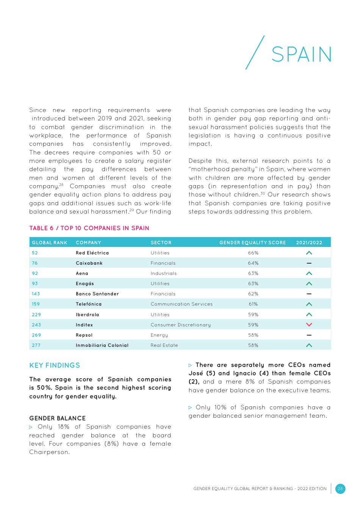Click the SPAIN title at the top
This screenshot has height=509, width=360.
(x=301, y=54)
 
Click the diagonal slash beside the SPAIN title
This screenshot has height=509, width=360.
(x=255, y=53)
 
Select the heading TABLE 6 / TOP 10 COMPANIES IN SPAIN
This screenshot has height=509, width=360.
(x=89, y=228)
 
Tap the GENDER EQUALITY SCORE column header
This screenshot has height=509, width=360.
(x=252, y=243)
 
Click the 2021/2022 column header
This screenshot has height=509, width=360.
(x=309, y=243)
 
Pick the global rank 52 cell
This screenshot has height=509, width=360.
(x=35, y=253)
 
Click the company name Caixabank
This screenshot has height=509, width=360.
(x=89, y=263)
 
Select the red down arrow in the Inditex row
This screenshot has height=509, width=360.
(x=309, y=325)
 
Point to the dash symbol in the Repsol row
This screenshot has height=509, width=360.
(x=309, y=335)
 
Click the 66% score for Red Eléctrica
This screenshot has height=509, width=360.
(x=253, y=253)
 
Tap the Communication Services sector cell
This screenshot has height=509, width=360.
(x=182, y=304)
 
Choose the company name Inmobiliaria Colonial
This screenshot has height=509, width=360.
(x=102, y=345)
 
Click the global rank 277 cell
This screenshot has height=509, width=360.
(x=36, y=345)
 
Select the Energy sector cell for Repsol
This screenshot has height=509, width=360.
(x=159, y=335)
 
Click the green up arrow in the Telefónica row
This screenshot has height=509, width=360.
(x=309, y=304)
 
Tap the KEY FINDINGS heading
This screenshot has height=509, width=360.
(x=55, y=365)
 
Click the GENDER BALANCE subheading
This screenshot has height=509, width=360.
(x=57, y=418)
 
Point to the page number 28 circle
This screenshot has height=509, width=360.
(x=340, y=489)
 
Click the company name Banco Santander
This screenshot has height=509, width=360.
(x=97, y=294)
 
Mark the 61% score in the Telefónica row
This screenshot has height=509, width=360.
(x=253, y=304)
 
